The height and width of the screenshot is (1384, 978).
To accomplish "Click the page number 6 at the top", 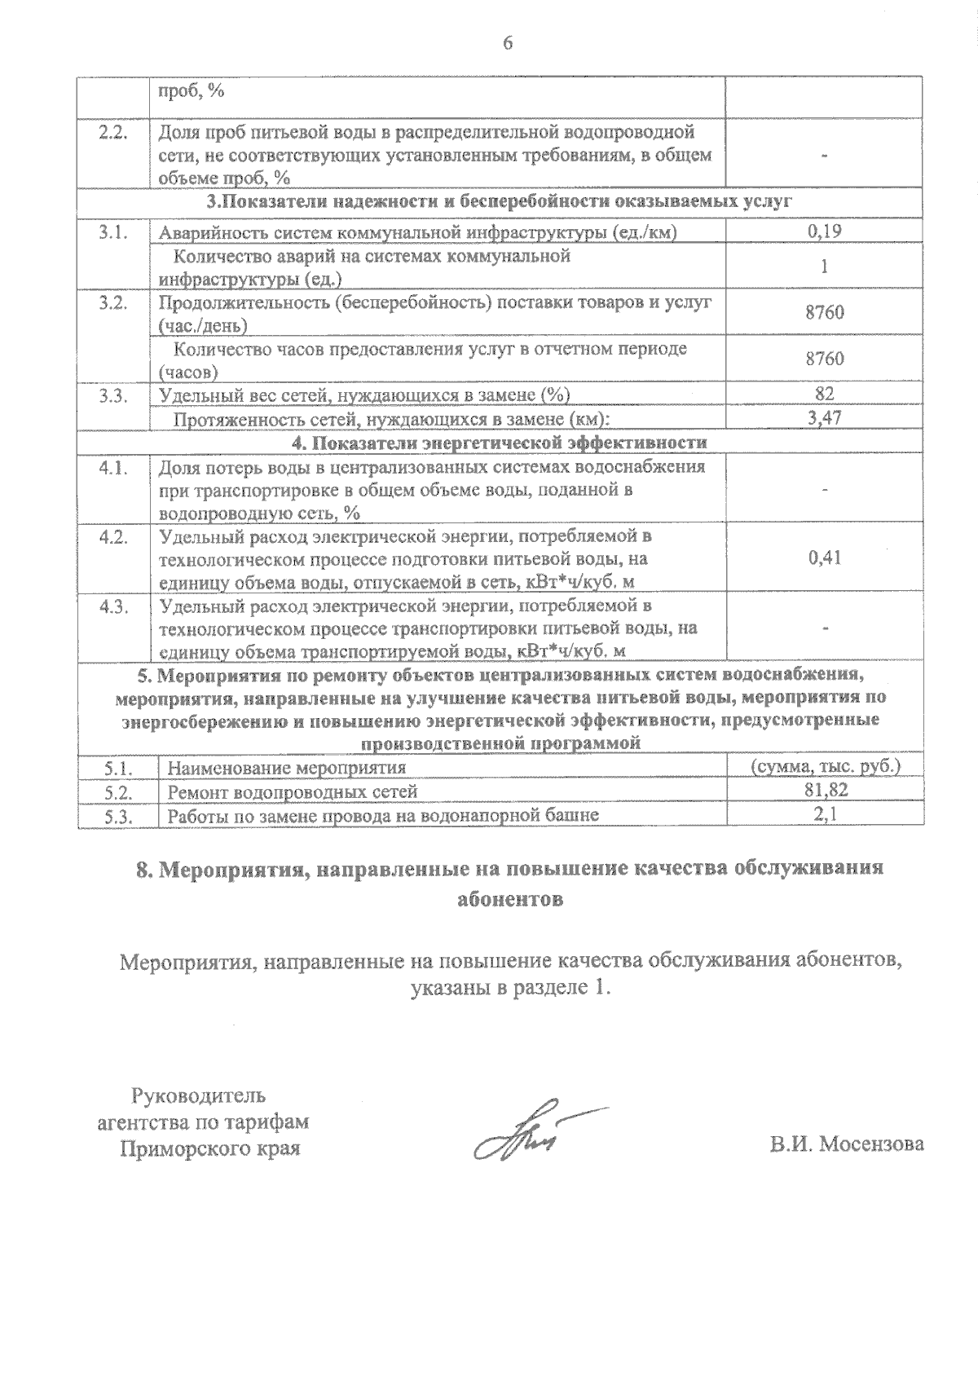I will (508, 42).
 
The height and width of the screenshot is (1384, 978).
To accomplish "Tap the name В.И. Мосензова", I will (847, 1144).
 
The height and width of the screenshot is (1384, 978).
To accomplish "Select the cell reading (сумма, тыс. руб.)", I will (824, 767).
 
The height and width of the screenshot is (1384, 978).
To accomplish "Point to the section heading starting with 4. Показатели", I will (500, 443).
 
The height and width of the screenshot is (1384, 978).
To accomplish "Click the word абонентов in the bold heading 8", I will (509, 899).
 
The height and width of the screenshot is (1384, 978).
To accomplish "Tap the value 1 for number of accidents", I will (825, 267).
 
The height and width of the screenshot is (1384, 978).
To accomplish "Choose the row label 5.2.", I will (118, 791).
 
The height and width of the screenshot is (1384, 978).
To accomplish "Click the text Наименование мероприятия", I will (286, 768).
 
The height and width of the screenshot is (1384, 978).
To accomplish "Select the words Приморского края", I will (209, 1148).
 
